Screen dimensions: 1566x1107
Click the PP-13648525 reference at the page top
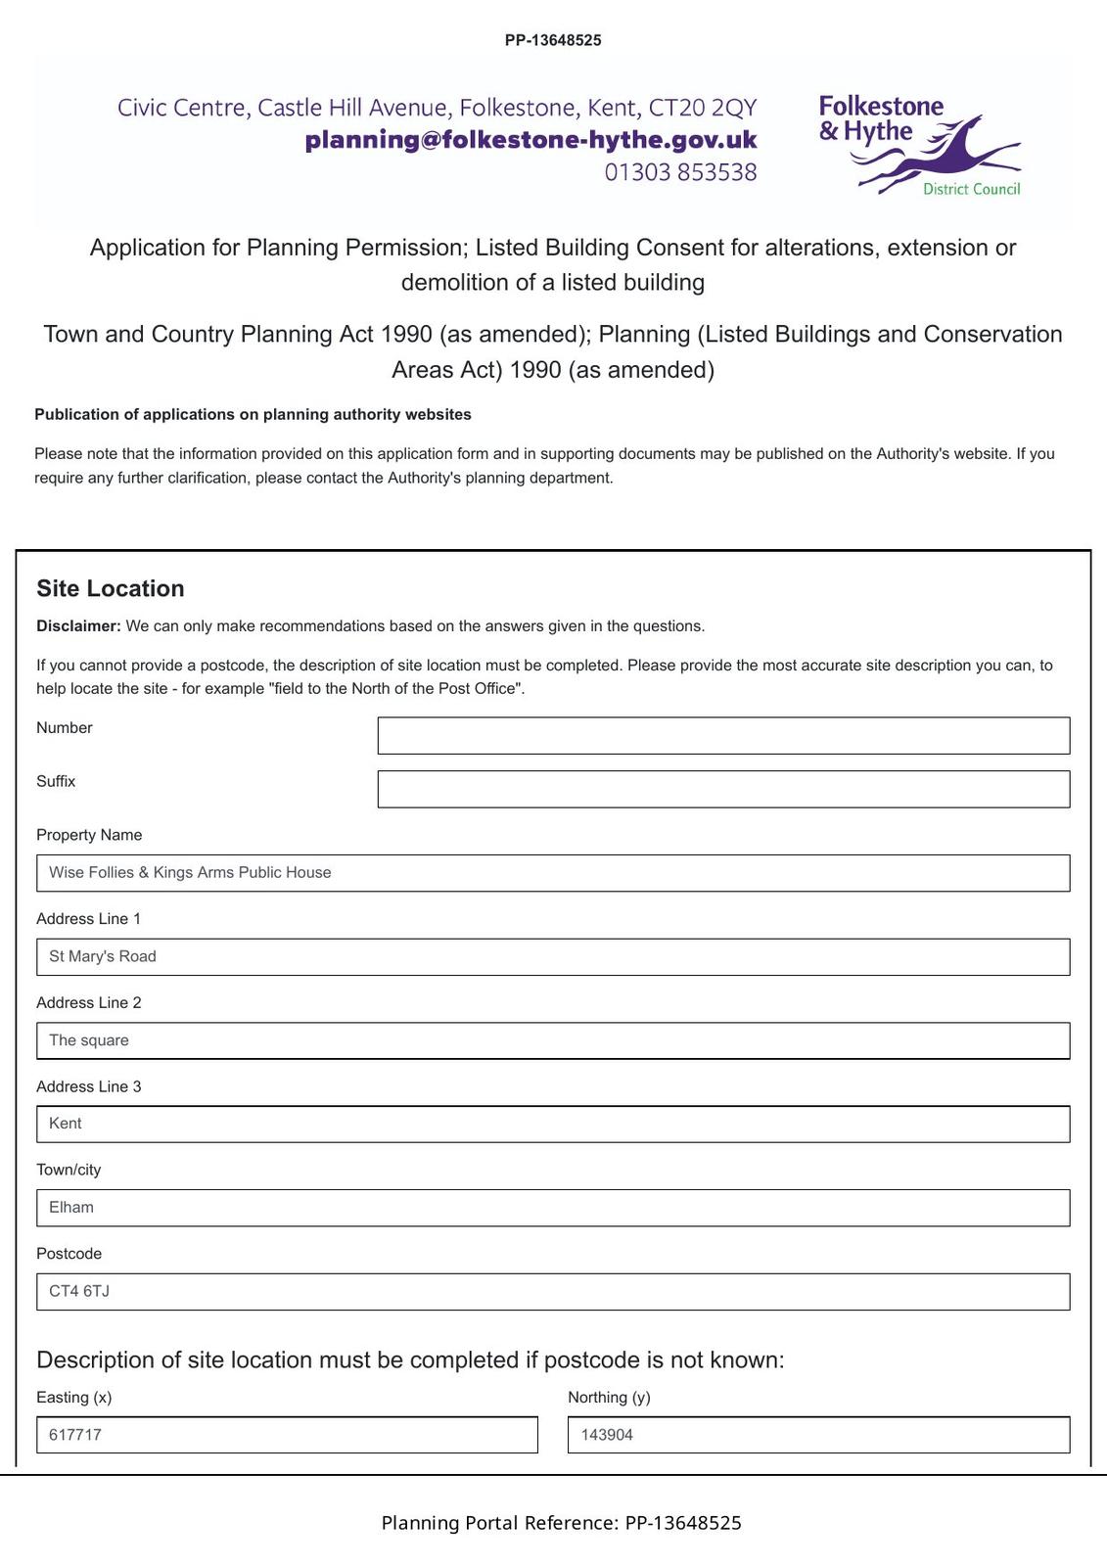point(553,40)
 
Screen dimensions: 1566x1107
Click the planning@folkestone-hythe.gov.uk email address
point(530,140)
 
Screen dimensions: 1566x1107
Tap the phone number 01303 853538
point(680,172)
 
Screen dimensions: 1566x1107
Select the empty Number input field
point(723,736)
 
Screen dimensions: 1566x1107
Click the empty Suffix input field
point(723,789)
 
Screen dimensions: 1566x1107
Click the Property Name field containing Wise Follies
point(553,873)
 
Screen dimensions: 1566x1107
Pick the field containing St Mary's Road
point(553,957)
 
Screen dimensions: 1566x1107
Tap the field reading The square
point(553,1040)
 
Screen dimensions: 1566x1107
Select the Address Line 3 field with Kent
point(553,1124)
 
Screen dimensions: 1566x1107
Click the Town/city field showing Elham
point(553,1208)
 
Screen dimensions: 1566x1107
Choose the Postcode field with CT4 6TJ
point(553,1292)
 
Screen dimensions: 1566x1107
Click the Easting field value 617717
point(287,1435)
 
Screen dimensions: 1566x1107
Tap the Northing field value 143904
point(818,1435)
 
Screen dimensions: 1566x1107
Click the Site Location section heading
point(111,588)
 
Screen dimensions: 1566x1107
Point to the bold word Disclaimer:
point(78,626)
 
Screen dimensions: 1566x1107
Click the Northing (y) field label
point(609,1398)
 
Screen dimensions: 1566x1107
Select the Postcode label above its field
point(69,1254)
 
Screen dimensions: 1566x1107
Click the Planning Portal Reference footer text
point(561,1523)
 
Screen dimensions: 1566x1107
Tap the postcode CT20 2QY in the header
point(703,108)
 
